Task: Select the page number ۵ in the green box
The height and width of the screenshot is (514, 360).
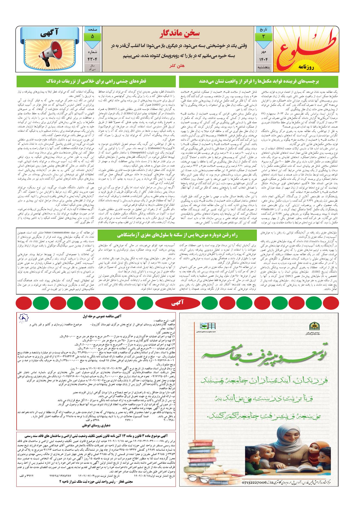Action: click(x=92, y=36)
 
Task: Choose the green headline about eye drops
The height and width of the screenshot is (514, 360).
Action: click(x=96, y=81)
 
